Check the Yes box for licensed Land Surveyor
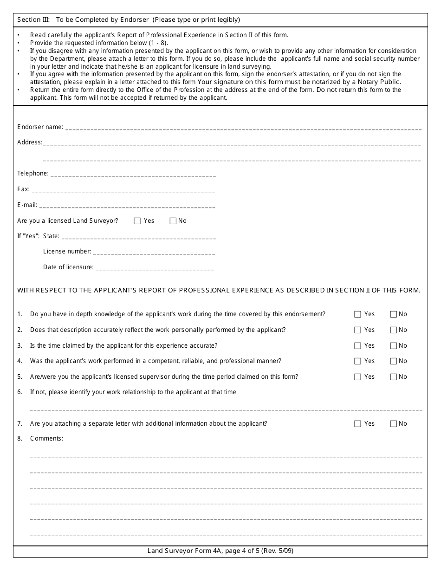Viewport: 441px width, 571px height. coord(137,221)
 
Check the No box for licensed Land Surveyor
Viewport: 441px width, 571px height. coord(173,221)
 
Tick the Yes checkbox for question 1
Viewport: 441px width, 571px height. coord(357,314)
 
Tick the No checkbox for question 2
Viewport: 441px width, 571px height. coord(394,330)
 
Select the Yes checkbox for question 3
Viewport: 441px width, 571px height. coord(357,346)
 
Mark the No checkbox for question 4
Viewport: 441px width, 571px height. coord(394,361)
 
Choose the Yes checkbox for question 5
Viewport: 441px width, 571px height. coord(357,377)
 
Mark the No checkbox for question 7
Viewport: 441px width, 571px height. coord(394,424)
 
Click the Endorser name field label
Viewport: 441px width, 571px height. coord(40,127)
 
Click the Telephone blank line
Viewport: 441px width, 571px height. coord(133,175)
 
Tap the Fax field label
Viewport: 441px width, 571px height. coord(23,189)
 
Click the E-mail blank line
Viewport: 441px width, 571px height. coord(127,207)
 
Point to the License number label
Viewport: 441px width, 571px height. coord(67,252)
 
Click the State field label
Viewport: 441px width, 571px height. coord(51,236)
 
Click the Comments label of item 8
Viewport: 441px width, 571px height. coord(46,439)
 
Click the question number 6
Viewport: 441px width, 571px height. coord(19,392)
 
